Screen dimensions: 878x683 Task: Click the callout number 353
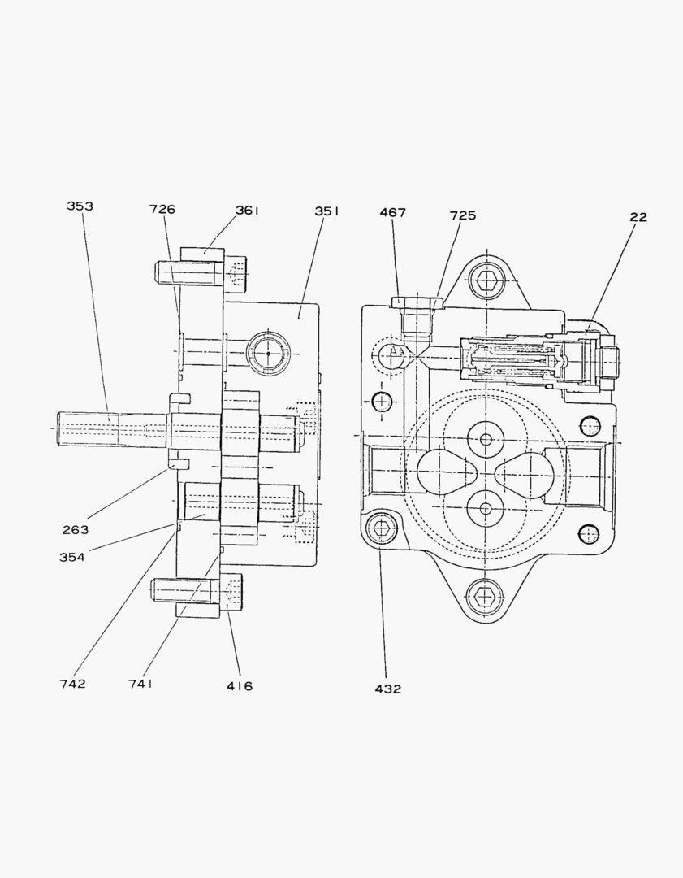[x=80, y=206]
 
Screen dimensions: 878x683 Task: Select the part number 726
[x=162, y=210]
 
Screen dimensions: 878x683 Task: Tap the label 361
[x=248, y=211]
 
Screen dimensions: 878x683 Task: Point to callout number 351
[x=327, y=211]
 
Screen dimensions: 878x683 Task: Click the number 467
[x=392, y=213]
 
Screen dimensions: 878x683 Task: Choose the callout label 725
[x=463, y=216]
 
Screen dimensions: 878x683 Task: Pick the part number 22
[x=638, y=217]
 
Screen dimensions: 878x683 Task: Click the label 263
[x=76, y=530]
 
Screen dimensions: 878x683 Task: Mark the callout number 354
[x=71, y=557]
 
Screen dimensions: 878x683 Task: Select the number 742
[x=72, y=684]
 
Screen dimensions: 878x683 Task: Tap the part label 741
[x=140, y=684]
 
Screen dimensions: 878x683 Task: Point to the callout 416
[x=240, y=686]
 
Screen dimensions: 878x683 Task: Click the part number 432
[x=387, y=689]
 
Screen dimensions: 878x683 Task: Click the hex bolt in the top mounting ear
[x=486, y=281]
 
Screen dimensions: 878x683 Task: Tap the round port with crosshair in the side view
[x=268, y=354]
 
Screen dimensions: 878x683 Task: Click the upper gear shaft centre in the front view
[x=486, y=440]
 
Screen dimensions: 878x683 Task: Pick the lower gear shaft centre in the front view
[x=486, y=508]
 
